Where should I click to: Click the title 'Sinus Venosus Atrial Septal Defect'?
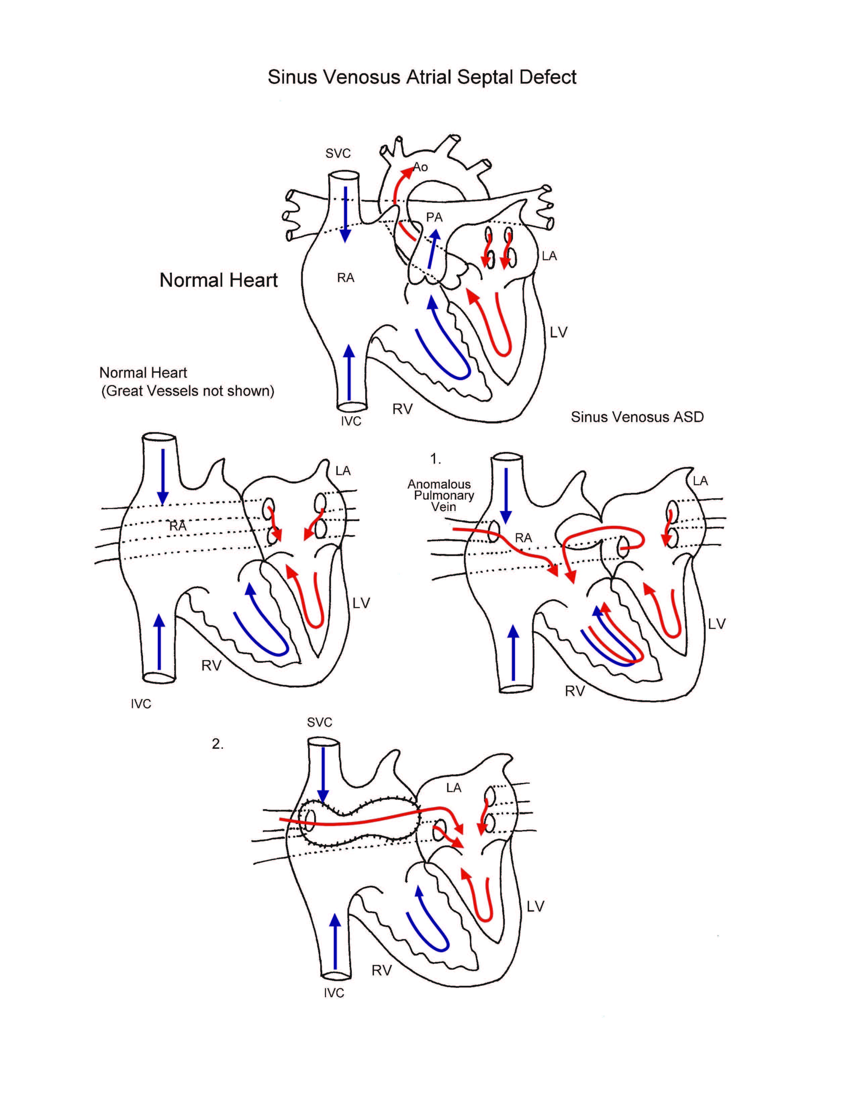pos(422,77)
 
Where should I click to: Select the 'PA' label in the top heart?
pos(434,218)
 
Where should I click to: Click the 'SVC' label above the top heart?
pos(338,153)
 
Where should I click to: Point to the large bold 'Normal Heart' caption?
pos(219,280)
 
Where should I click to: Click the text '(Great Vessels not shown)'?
pos(188,391)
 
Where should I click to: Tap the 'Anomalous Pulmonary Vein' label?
pos(440,495)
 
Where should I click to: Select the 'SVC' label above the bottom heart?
pos(320,723)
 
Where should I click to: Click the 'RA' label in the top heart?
pos(345,278)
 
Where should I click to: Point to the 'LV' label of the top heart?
pos(558,332)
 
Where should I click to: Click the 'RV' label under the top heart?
pos(402,409)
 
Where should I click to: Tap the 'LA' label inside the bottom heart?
pos(454,788)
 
